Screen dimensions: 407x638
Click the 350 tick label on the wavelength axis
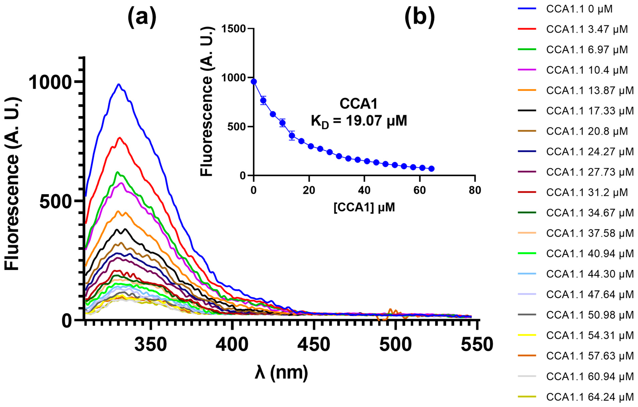[151, 344]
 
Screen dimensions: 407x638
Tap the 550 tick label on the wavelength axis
[477, 344]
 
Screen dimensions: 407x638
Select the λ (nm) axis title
[281, 373]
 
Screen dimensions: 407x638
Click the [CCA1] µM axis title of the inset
[364, 207]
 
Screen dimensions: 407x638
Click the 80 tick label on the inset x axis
[475, 190]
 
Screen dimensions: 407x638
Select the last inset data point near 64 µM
[431, 169]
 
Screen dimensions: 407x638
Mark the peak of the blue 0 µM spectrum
[119, 85]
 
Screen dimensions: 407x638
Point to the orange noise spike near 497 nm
[390, 310]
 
